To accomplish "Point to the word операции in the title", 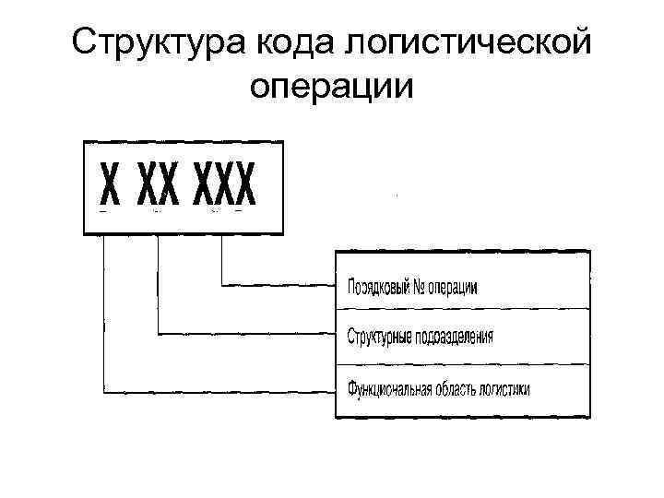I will coord(332,85).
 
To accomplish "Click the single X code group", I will coord(110,188).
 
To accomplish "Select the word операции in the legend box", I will coord(456,287).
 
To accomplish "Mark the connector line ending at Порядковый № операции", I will coord(277,284).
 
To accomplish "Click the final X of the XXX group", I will coord(244,188).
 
